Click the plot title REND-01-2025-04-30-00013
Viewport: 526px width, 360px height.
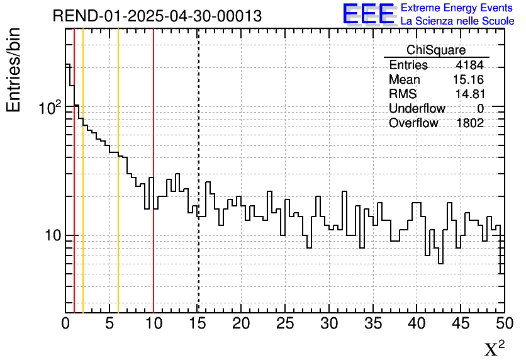(x=157, y=16)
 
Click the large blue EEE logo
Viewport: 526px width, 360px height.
(x=369, y=14)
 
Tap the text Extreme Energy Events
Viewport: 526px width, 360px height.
(x=457, y=8)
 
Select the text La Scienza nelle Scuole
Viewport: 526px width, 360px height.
(x=457, y=21)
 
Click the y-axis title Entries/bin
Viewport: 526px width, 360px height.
(x=13, y=70)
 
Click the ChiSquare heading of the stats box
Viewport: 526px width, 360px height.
(x=436, y=50)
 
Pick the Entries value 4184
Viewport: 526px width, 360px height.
(x=469, y=65)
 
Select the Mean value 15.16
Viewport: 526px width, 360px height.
(x=467, y=80)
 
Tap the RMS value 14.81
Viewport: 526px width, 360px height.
(x=469, y=94)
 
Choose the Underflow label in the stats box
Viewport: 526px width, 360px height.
(x=417, y=109)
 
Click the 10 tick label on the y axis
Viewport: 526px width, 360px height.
(x=52, y=236)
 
